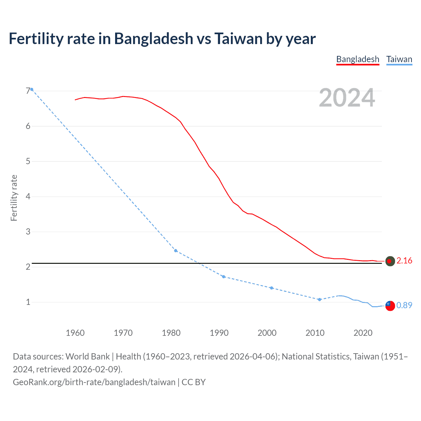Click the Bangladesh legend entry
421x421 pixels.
tap(358, 60)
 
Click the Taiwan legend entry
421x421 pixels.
tap(399, 60)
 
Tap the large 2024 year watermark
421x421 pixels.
tap(347, 98)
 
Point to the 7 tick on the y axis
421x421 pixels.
tap(28, 91)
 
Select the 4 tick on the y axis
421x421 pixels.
tap(28, 196)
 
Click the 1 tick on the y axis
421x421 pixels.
tap(28, 302)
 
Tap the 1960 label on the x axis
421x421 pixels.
tap(75, 333)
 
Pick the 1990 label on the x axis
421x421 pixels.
tap(219, 333)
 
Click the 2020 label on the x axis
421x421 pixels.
tap(363, 333)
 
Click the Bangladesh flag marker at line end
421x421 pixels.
tap(390, 261)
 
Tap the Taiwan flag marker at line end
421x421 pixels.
tap(390, 306)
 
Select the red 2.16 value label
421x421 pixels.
tap(404, 261)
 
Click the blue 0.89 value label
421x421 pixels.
tap(404, 306)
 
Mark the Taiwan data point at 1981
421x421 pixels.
tap(176, 251)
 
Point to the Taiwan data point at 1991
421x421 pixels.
tap(224, 277)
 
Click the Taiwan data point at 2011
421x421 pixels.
tap(319, 299)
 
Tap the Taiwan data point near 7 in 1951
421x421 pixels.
tap(32, 89)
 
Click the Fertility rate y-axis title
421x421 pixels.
tap(14, 198)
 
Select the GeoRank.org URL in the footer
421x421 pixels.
tap(94, 382)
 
